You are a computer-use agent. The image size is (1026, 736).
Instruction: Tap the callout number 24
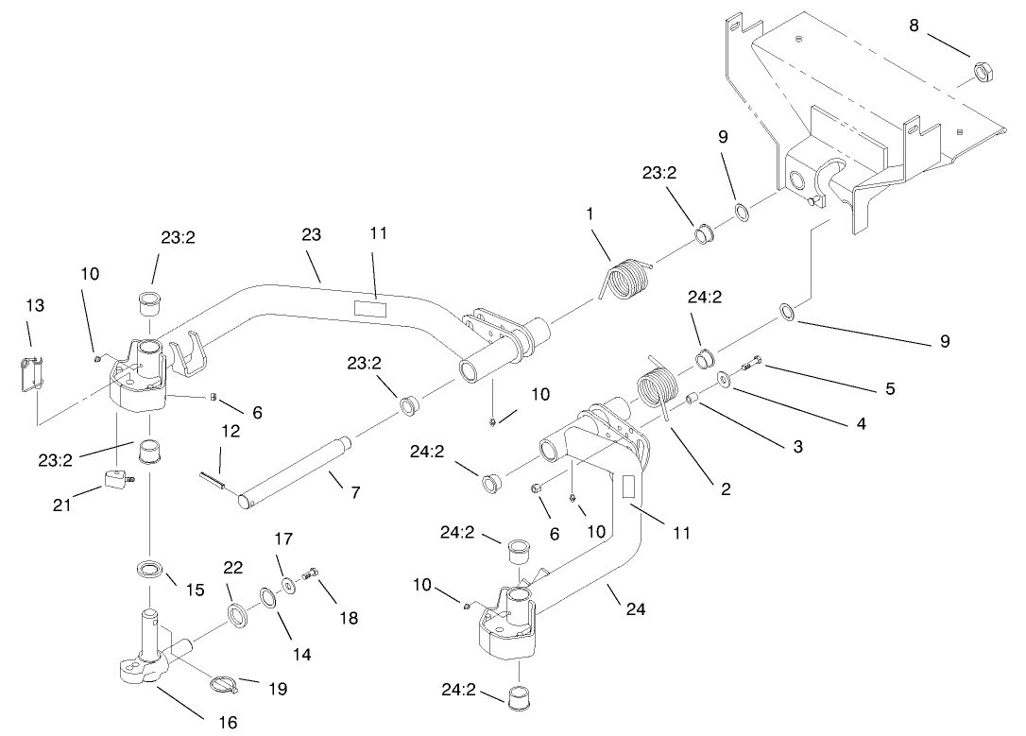636,609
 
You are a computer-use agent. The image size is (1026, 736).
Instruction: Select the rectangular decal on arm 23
371,307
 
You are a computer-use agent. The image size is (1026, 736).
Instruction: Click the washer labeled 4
723,380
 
